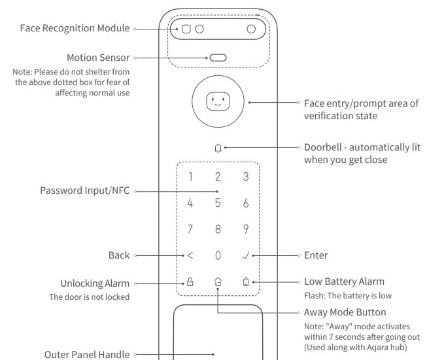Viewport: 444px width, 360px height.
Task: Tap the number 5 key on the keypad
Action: coord(218,203)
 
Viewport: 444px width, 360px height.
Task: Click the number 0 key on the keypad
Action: coord(218,255)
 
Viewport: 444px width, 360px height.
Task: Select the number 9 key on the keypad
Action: coord(246,229)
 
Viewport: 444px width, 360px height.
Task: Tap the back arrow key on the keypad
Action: coord(190,255)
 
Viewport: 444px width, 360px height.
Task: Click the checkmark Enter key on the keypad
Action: coord(246,255)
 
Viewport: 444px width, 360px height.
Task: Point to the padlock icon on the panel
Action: coord(190,282)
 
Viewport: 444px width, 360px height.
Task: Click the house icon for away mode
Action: coord(218,282)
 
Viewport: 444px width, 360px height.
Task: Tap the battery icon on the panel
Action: coord(246,282)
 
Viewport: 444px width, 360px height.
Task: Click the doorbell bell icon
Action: coord(218,148)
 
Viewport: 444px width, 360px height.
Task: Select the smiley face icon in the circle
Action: coord(218,102)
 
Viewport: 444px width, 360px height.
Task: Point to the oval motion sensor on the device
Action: coord(218,58)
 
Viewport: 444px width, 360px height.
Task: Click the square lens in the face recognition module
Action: coord(186,29)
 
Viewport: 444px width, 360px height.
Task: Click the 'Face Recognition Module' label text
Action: coord(75,28)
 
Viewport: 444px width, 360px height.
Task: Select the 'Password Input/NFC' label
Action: coord(84,191)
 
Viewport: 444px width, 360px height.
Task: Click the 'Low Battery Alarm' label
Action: coord(344,281)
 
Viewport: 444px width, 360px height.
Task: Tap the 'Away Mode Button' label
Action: coord(345,312)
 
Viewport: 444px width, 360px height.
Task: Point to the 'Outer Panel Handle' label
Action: coord(87,354)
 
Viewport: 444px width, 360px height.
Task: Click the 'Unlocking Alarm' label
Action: coord(95,283)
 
